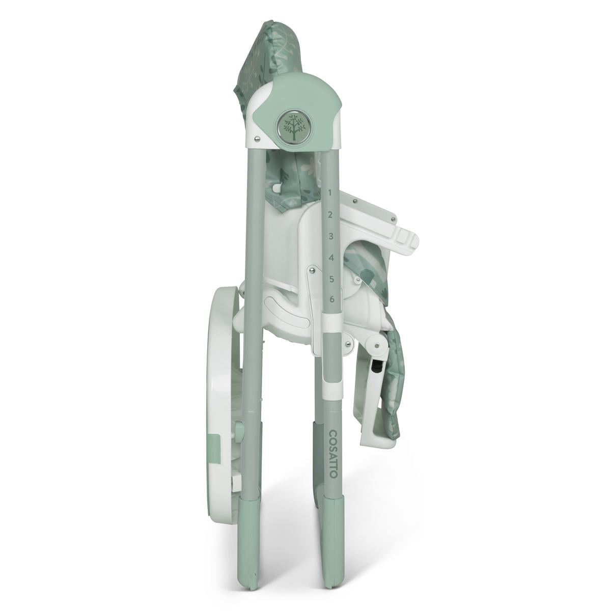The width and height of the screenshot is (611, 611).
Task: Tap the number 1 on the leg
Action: (x=330, y=193)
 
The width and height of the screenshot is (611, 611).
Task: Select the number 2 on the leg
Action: (x=330, y=215)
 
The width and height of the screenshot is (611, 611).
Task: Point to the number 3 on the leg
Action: (x=331, y=236)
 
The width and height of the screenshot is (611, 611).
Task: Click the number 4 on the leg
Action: (x=331, y=258)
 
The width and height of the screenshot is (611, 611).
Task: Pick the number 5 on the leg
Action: (x=331, y=280)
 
